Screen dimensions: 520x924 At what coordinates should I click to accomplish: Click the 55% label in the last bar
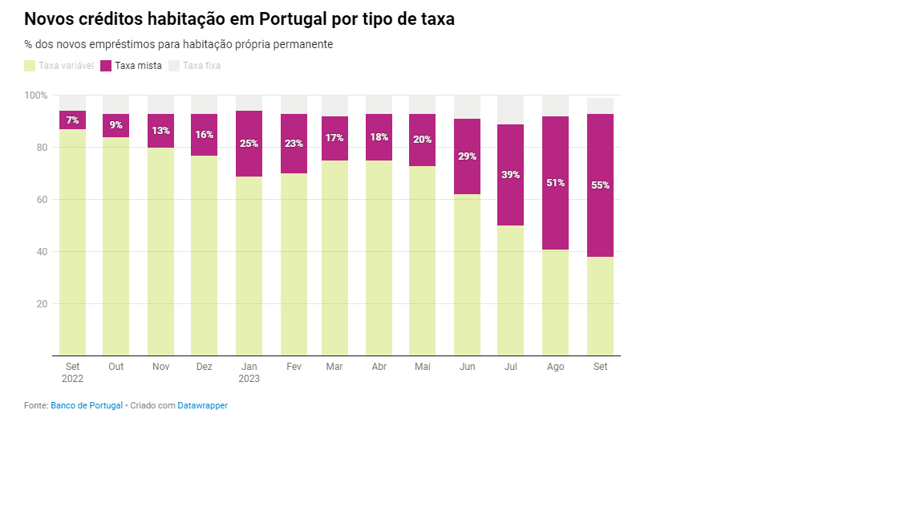click(x=600, y=185)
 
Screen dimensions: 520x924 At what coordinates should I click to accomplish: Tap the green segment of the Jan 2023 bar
click(x=249, y=265)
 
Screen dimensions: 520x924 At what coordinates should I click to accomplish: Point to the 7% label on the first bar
click(x=72, y=120)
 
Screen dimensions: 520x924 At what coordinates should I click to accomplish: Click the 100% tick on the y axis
click(x=36, y=95)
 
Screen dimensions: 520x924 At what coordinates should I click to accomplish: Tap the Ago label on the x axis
click(x=555, y=367)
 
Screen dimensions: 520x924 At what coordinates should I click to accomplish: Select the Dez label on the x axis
click(x=204, y=367)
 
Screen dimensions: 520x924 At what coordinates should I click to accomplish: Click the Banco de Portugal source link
click(x=87, y=406)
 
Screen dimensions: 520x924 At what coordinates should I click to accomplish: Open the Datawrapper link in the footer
click(x=202, y=406)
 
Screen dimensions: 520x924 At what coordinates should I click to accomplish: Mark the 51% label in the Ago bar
click(x=555, y=183)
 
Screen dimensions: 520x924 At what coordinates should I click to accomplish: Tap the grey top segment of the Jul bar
click(x=510, y=110)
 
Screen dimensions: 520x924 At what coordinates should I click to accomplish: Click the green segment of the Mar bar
click(x=334, y=257)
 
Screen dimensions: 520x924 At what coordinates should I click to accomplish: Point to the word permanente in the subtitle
click(x=304, y=44)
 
